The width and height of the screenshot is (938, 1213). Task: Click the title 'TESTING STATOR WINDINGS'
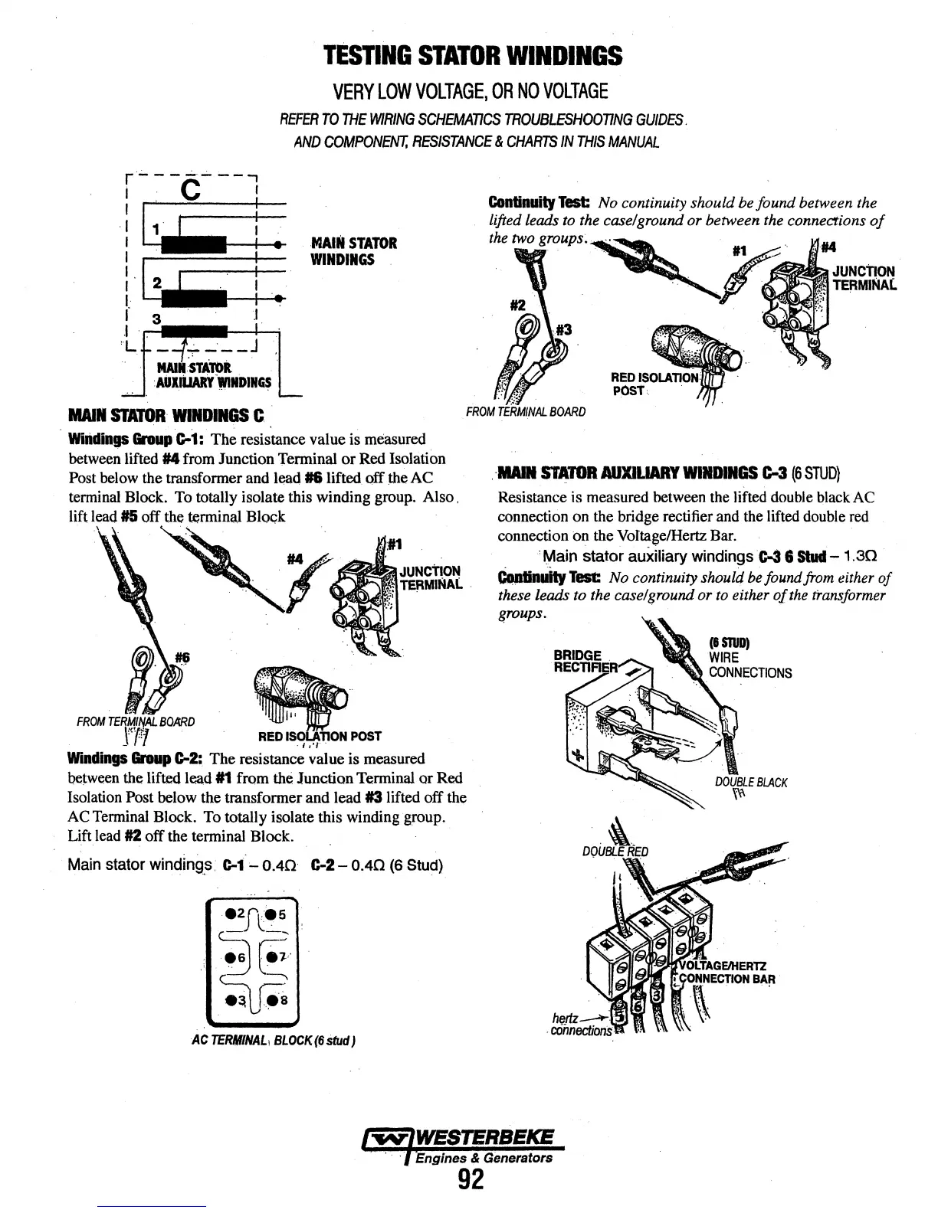click(472, 56)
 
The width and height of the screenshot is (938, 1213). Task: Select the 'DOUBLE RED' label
click(615, 852)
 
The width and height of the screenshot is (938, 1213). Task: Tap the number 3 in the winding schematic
click(156, 318)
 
